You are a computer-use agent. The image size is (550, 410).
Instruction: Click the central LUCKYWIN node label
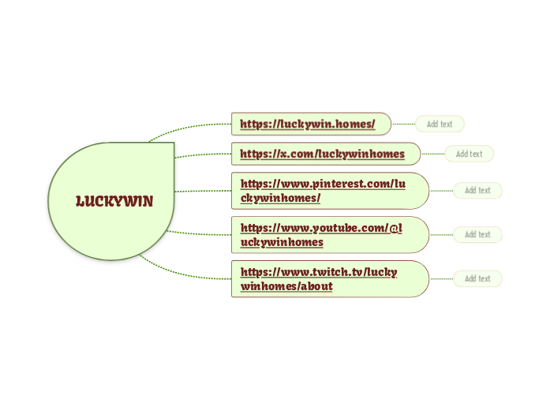click(114, 201)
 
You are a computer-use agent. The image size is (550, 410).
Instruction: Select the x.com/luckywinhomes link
click(322, 153)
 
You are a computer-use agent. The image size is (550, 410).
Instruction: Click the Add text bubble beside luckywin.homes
click(440, 124)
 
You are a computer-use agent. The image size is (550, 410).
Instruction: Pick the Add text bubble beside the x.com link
click(469, 154)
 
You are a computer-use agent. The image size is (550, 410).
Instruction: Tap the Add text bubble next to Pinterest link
click(477, 190)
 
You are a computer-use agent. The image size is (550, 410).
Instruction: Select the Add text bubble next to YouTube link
click(477, 234)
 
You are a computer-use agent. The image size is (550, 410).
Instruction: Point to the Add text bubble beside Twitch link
click(477, 278)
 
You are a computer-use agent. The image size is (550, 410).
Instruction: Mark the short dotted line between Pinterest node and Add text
click(441, 190)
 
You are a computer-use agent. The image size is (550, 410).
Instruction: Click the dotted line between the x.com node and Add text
click(432, 154)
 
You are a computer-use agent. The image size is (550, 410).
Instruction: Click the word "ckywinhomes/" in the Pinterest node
click(280, 197)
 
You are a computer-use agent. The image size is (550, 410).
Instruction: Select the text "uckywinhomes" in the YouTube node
click(282, 241)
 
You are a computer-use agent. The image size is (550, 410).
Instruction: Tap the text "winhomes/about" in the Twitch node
click(286, 285)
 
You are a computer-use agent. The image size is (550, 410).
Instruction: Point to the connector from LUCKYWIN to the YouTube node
click(201, 233)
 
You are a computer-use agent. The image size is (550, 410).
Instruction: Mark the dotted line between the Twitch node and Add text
click(441, 278)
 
